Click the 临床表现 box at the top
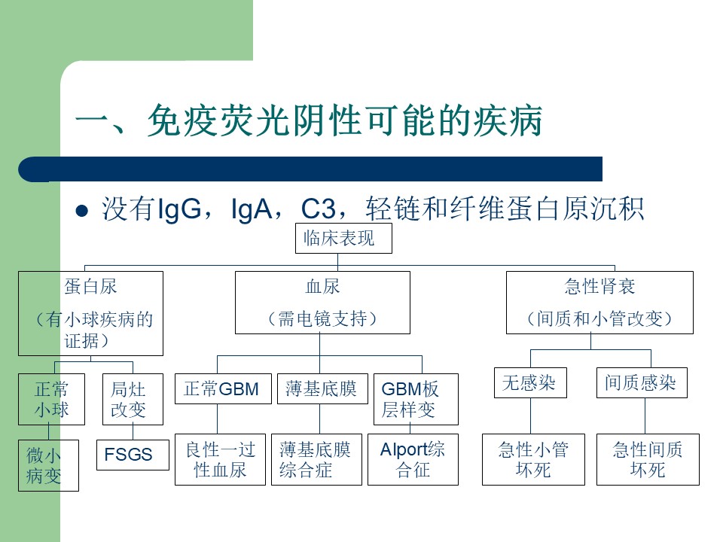coord(343,239)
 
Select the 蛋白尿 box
coord(91,313)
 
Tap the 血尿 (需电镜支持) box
coord(323,303)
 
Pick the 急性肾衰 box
coord(599,303)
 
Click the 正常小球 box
coord(52,399)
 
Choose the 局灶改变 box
coord(133,399)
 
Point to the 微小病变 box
coord(48,465)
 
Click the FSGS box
coord(133,455)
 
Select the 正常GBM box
coord(223,388)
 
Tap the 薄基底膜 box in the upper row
coord(323,388)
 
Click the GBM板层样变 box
coord(416,399)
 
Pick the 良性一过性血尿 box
coord(221,459)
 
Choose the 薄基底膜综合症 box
coord(317,459)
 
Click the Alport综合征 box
coord(413,459)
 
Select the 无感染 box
coord(530,382)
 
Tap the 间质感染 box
coord(642,382)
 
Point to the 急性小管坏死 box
coord(533,459)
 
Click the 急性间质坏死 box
coord(648,459)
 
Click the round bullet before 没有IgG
coord(81,211)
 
